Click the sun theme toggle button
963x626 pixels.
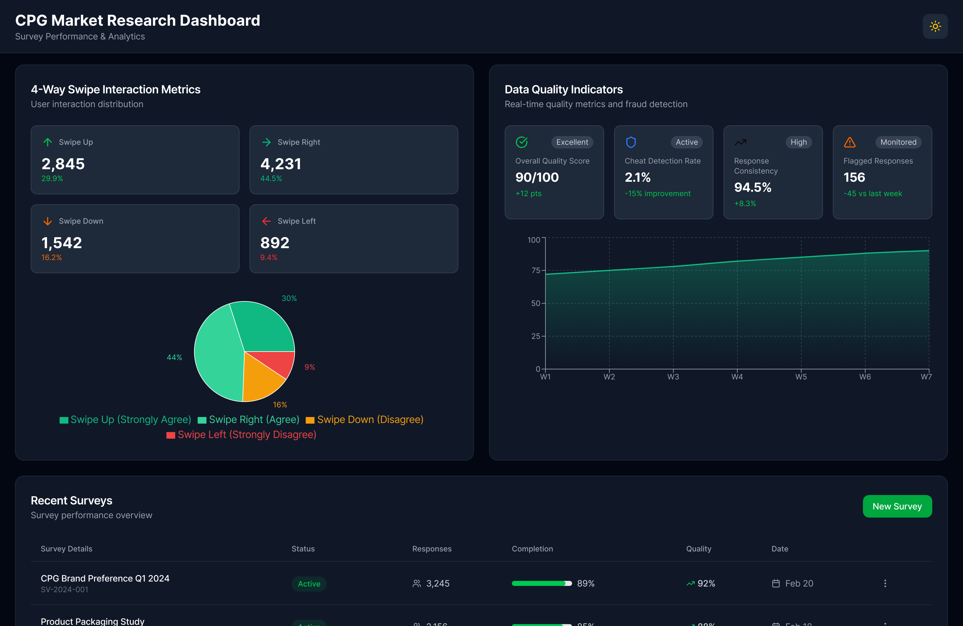(935, 26)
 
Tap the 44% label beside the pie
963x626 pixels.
(174, 357)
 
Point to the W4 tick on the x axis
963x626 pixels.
(737, 377)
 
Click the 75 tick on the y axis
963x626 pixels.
(536, 270)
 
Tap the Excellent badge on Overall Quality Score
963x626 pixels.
(572, 142)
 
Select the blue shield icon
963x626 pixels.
(631, 142)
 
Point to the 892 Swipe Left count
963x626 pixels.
(275, 243)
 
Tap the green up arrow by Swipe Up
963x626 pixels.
(48, 142)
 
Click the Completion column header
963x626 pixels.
(532, 548)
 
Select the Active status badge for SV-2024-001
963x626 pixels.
(309, 583)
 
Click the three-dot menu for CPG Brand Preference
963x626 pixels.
(885, 583)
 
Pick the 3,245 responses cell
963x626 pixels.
(437, 583)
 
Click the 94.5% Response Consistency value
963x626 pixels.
(753, 187)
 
